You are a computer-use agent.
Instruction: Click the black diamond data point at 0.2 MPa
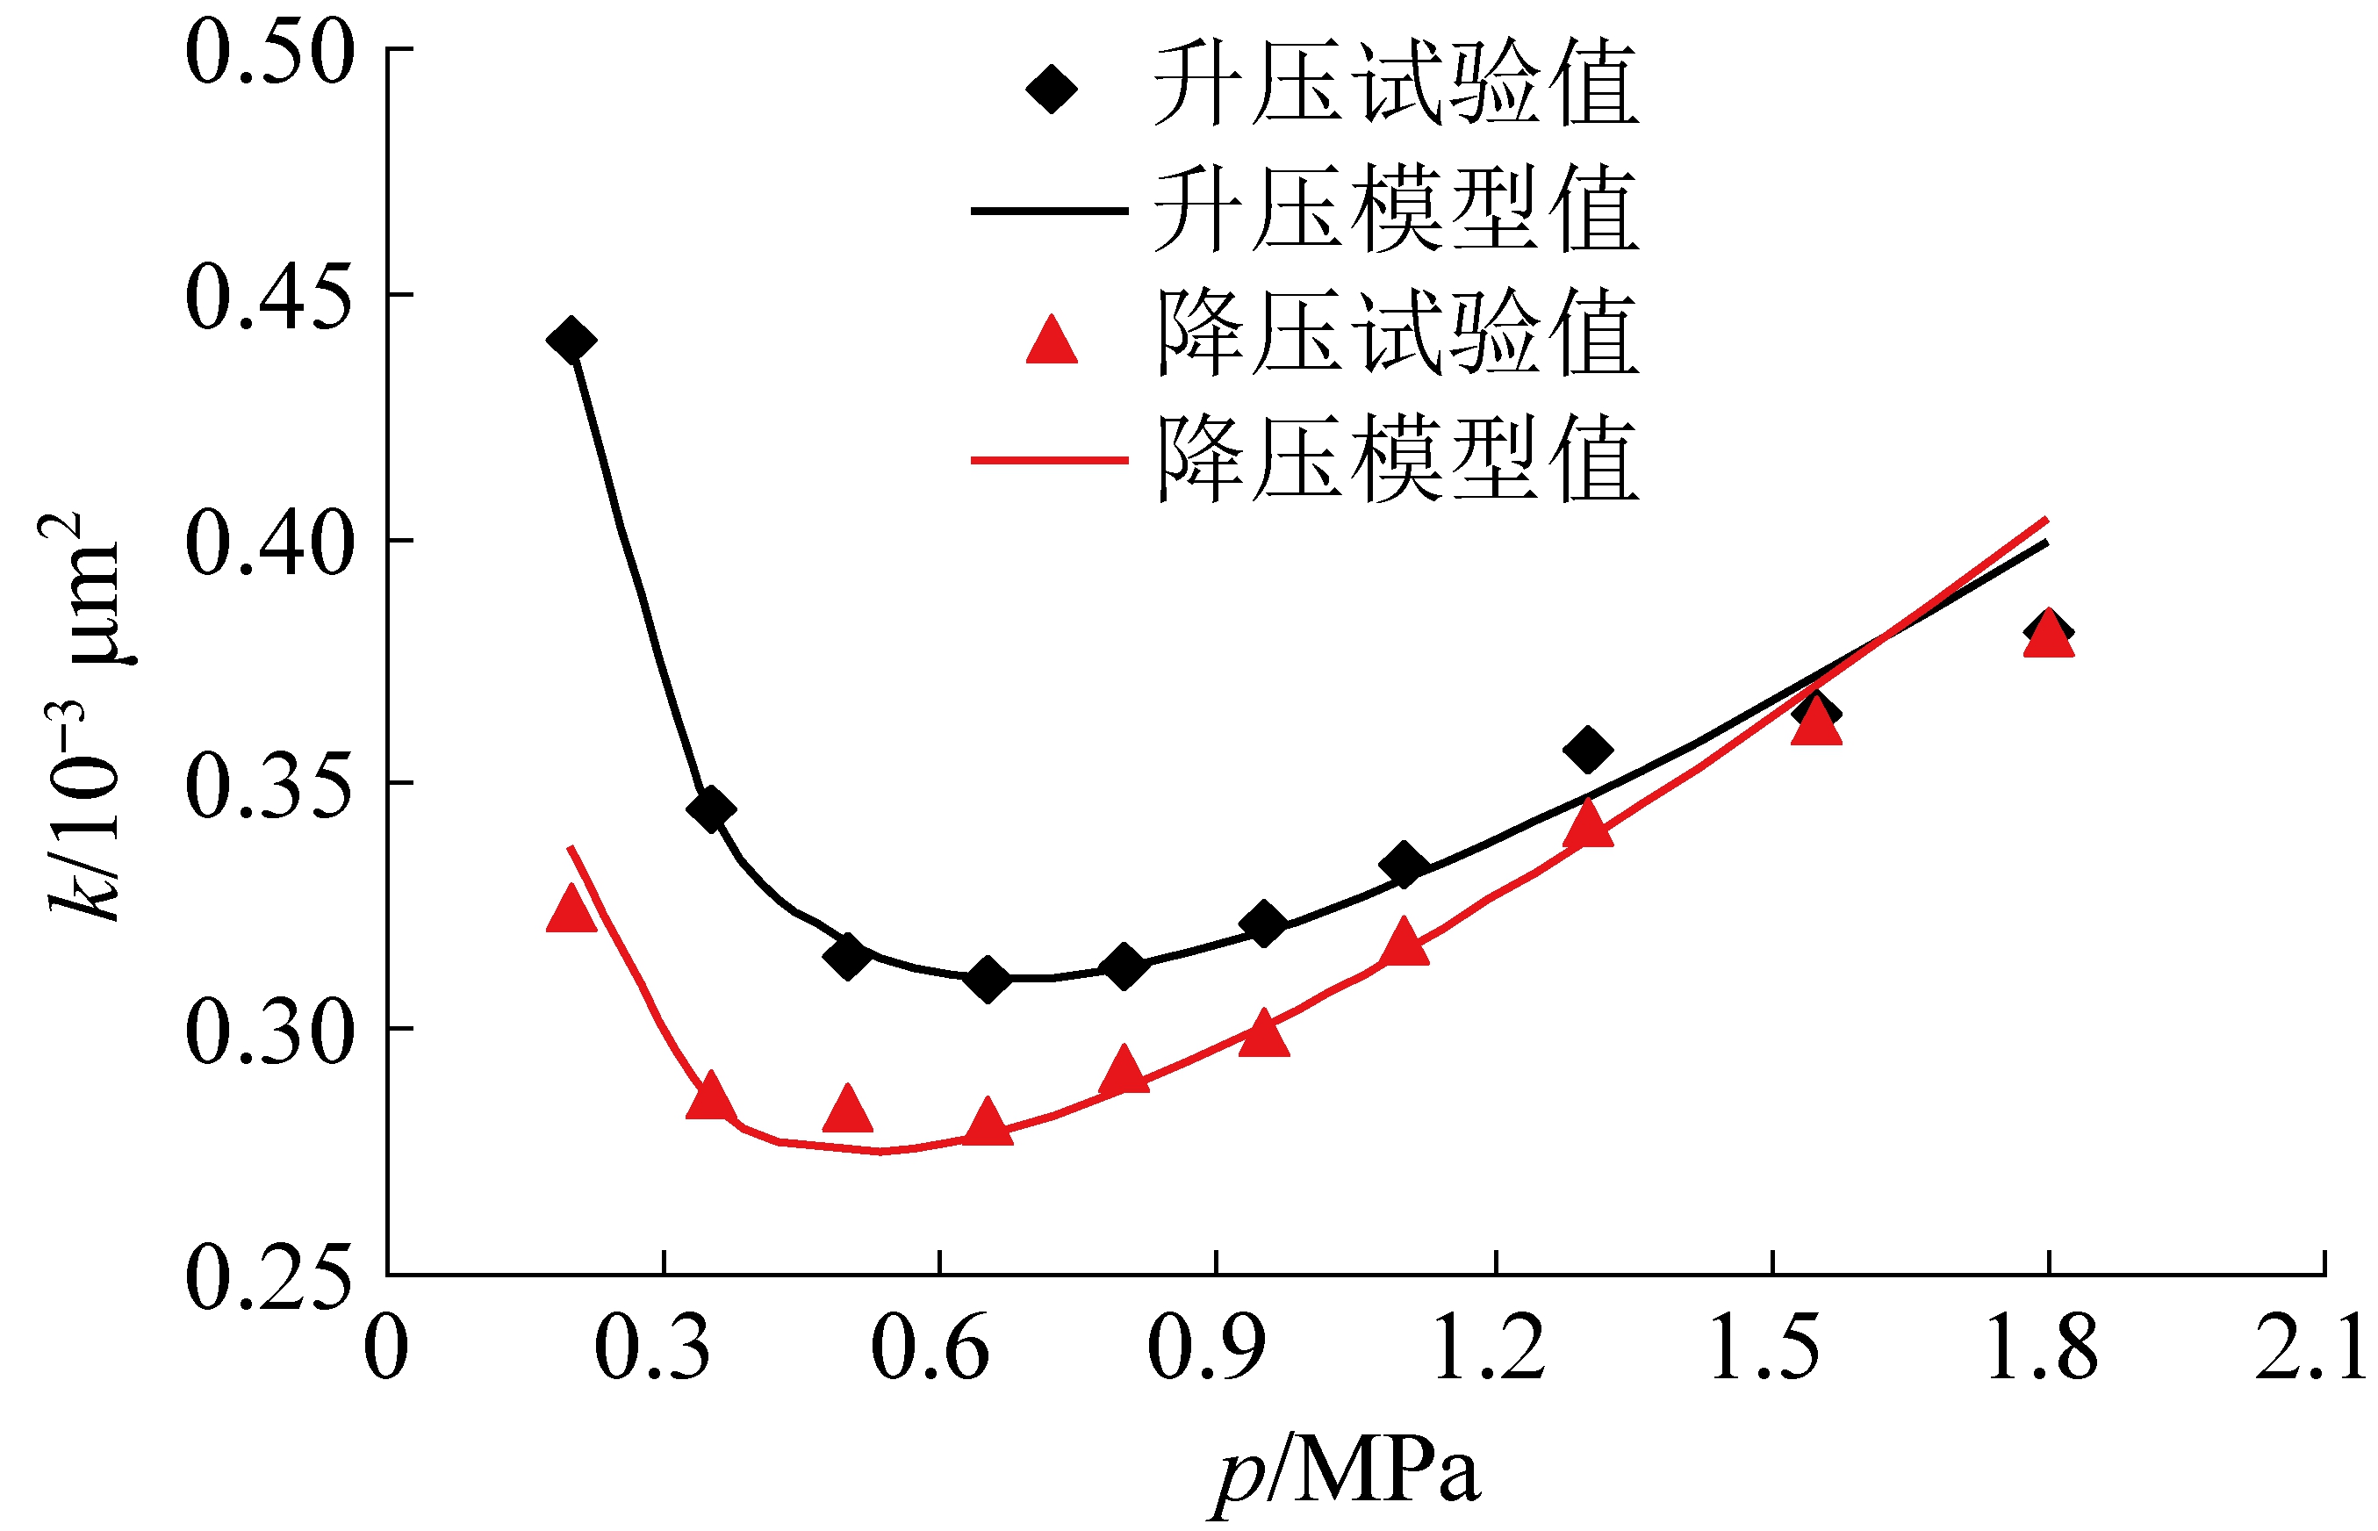click(x=571, y=340)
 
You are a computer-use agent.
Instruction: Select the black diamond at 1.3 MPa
click(x=1588, y=750)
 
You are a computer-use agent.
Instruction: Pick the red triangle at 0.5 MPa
click(x=847, y=1111)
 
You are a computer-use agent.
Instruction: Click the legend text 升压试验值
click(x=1396, y=84)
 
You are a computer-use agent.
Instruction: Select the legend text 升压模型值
click(x=1396, y=210)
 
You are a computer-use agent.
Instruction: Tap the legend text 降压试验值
click(x=1396, y=334)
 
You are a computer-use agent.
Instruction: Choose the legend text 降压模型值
click(x=1396, y=459)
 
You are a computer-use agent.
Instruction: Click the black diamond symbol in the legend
click(x=1051, y=89)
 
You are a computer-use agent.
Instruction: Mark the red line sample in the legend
click(x=1049, y=460)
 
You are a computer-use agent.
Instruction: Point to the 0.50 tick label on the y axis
click(x=269, y=52)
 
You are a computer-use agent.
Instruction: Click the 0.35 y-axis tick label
click(x=269, y=787)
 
